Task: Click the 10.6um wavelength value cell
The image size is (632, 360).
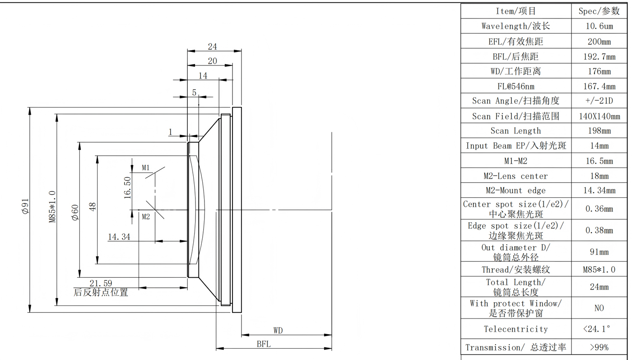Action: point(599,26)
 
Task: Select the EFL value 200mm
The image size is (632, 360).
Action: point(599,42)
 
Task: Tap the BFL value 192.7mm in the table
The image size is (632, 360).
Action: point(599,56)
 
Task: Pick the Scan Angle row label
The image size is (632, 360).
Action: point(516,101)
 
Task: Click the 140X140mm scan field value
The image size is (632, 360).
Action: point(599,116)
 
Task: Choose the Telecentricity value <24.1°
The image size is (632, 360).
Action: point(599,329)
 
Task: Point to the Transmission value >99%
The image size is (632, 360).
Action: point(599,347)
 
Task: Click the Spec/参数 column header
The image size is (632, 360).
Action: point(599,11)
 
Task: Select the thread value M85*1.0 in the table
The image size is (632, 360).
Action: point(599,270)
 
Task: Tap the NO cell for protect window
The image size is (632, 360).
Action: point(599,308)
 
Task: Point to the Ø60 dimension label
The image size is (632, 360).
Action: point(75,212)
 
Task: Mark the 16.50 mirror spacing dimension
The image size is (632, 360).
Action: point(127,187)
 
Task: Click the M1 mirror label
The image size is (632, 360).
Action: point(146,168)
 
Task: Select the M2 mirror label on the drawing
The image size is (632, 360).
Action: point(146,217)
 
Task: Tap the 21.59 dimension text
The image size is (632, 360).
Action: point(101,283)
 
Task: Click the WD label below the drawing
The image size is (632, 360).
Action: point(278,331)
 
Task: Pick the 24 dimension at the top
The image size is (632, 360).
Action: point(212,47)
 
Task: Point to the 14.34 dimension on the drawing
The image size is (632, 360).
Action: point(119,236)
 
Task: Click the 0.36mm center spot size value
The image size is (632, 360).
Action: point(599,209)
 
